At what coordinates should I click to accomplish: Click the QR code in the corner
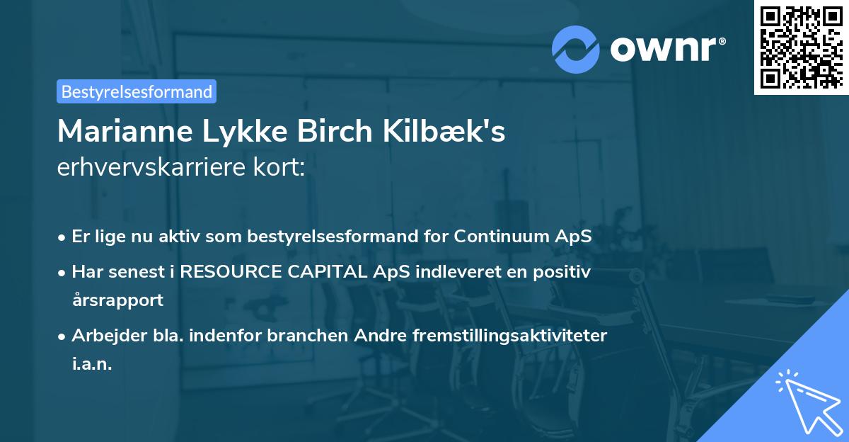[x=802, y=47]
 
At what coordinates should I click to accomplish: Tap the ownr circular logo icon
[x=576, y=50]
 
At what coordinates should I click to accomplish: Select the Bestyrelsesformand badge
[x=137, y=91]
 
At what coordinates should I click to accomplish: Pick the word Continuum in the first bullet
[x=508, y=237]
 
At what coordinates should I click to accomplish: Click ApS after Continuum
[x=574, y=237]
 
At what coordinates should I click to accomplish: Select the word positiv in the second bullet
[x=563, y=271]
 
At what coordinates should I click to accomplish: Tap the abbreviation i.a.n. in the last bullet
[x=92, y=364]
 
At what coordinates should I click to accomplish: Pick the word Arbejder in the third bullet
[x=104, y=336]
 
